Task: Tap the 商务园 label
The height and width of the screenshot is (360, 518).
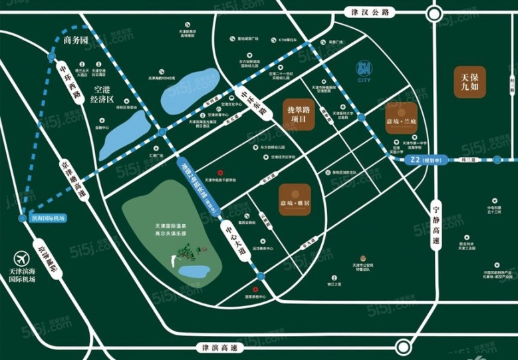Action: (x=75, y=41)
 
